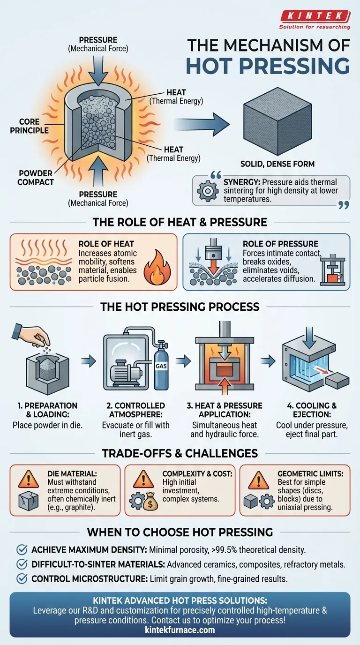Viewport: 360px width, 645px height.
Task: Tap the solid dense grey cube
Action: [x=277, y=120]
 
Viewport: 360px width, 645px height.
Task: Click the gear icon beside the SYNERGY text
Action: [x=208, y=191]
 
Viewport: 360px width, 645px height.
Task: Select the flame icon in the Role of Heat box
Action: [x=157, y=268]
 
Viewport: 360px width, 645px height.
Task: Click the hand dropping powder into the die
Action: [x=31, y=336]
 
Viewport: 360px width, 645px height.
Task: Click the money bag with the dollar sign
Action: [x=150, y=501]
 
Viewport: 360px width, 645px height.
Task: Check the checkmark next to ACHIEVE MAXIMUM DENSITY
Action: [x=22, y=550]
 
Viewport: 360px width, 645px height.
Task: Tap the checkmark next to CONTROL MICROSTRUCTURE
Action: [x=22, y=578]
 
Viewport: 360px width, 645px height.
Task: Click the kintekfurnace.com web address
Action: [x=180, y=630]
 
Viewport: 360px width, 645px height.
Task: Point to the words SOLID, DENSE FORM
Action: [x=277, y=164]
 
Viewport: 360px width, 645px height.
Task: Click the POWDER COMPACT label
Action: [x=36, y=178]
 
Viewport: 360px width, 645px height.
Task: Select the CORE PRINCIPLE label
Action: [x=29, y=126]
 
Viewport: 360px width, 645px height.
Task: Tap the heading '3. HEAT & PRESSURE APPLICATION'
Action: [x=225, y=410]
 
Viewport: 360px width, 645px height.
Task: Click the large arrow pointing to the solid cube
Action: [x=202, y=124]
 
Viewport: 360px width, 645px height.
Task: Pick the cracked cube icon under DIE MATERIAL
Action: [x=28, y=501]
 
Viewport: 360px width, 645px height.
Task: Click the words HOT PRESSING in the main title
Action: [x=268, y=66]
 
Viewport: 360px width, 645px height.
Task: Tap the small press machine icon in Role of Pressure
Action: [x=333, y=270]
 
